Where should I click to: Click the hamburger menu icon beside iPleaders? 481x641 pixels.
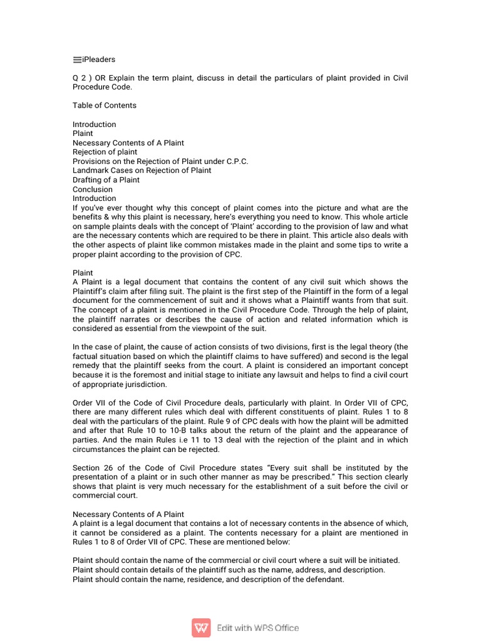(77, 60)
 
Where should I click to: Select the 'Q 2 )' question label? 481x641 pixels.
(82, 78)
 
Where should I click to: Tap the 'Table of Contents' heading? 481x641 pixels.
(104, 105)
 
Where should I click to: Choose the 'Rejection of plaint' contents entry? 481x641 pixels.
(105, 152)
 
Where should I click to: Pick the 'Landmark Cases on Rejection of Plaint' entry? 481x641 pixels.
(142, 170)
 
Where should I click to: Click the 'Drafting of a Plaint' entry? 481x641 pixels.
(106, 180)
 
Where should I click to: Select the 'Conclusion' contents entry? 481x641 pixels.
(93, 189)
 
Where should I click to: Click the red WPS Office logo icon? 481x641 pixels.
(201, 627)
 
